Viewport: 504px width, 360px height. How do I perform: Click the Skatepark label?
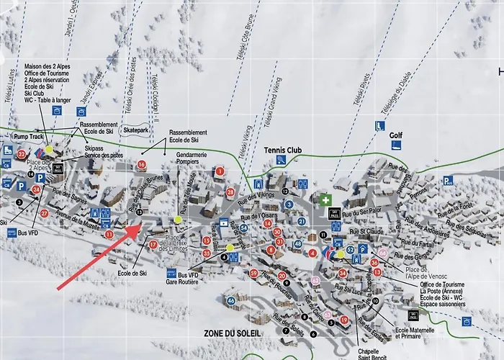click(135, 130)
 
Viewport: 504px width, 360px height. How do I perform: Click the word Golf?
click(396, 135)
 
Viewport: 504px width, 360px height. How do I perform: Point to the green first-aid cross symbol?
click(326, 199)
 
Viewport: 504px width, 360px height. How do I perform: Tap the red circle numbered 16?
click(141, 165)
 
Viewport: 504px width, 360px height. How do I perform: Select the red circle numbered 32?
click(22, 154)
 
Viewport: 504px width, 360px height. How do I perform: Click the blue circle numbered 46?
click(230, 301)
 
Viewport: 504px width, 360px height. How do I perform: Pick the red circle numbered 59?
click(253, 273)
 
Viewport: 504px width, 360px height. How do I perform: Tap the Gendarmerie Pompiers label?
click(191, 160)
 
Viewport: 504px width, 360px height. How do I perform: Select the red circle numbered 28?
click(230, 192)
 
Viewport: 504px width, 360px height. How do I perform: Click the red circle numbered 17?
click(153, 245)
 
